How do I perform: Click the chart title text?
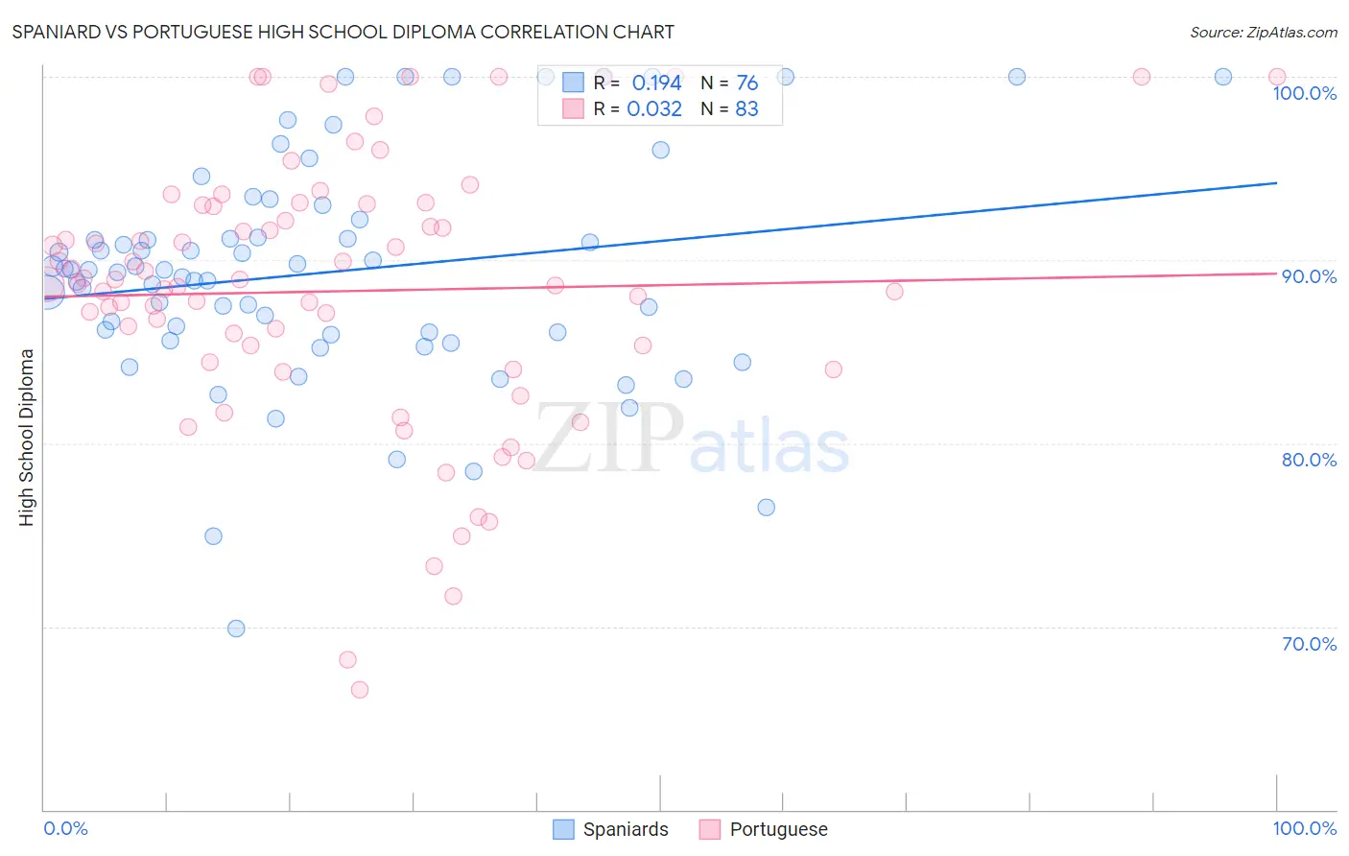click(343, 32)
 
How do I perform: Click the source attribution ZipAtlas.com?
click(1263, 32)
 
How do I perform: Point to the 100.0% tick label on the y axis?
click(1304, 93)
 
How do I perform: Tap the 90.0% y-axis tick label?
click(1309, 276)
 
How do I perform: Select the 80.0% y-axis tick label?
click(1309, 460)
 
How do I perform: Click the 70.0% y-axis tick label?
click(1309, 644)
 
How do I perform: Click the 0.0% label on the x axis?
click(65, 828)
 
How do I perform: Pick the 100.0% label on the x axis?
click(1304, 828)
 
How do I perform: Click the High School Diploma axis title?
click(27, 437)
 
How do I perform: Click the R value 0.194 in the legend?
click(656, 83)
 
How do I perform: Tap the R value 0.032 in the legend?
click(654, 109)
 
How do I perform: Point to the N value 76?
click(746, 83)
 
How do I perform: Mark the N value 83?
click(746, 109)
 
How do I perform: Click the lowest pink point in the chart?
click(360, 690)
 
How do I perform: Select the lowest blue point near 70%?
click(236, 629)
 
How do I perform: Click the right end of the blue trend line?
click(1276, 182)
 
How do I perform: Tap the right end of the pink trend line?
click(1276, 273)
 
